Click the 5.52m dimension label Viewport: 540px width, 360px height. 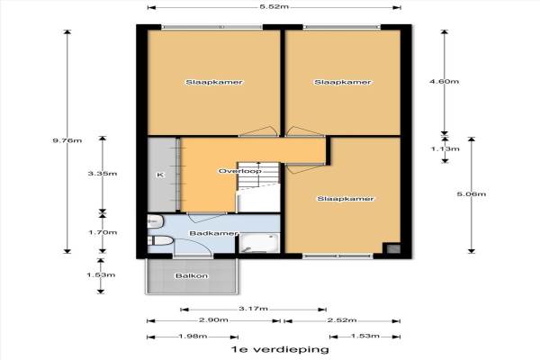274,6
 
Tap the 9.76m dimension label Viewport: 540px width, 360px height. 67,140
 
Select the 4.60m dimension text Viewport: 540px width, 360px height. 445,82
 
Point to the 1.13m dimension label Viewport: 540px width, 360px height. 445,148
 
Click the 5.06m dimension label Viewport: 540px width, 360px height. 472,194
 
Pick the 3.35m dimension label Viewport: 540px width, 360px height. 103,174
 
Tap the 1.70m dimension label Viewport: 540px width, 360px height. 103,232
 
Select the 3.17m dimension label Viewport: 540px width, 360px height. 253,309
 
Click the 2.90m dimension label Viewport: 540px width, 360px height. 213,320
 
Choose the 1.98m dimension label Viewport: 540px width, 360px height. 193,336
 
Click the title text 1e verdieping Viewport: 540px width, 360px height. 280,350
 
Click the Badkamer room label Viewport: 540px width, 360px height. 213,234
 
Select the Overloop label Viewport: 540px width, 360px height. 240,171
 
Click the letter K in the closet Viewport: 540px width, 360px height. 160,175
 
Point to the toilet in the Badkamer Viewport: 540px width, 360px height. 160,240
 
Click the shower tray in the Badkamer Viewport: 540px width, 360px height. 260,243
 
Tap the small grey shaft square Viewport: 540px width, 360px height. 391,248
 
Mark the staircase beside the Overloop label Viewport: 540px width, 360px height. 258,176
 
